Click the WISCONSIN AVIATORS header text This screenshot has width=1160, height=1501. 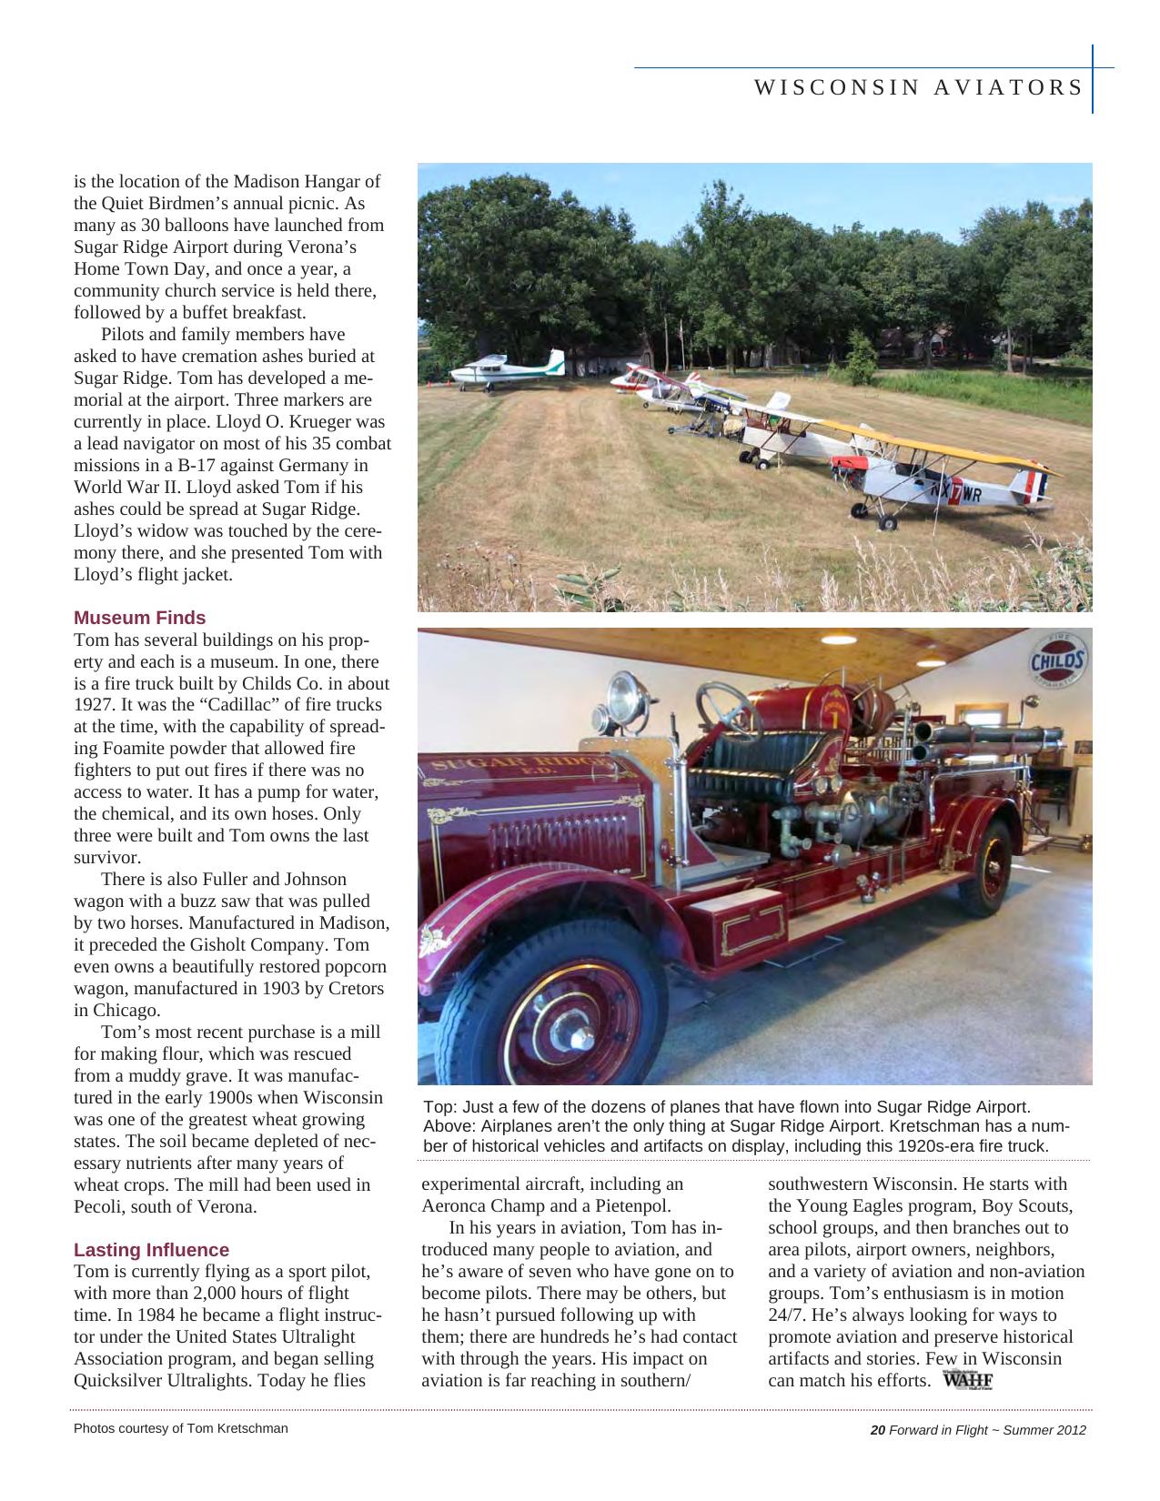[x=919, y=87]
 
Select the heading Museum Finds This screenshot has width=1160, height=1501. [x=139, y=618]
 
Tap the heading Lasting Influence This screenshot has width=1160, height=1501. [x=151, y=1250]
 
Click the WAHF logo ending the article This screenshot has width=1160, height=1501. [x=968, y=1381]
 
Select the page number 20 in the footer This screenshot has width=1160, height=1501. [x=878, y=1430]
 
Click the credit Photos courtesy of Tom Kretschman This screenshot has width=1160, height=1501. [x=180, y=1428]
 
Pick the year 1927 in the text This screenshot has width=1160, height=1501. [x=92, y=705]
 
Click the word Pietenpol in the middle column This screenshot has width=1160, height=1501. [x=631, y=1206]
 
